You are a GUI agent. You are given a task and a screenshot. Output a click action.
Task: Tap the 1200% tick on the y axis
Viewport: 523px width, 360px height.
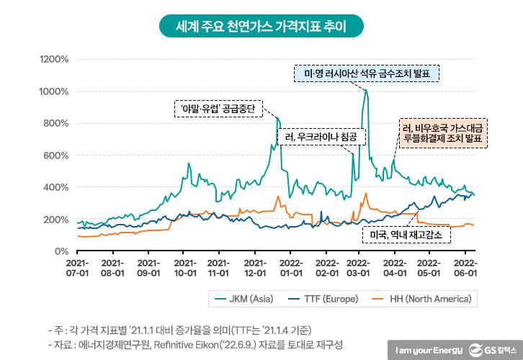tap(54, 59)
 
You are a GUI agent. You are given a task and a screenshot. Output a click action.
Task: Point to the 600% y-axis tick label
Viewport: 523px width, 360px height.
tap(57, 156)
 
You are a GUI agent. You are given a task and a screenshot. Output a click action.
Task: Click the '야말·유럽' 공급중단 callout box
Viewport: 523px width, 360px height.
tap(217, 109)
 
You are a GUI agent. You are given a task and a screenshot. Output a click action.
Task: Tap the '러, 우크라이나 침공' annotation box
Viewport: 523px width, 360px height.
tap(321, 136)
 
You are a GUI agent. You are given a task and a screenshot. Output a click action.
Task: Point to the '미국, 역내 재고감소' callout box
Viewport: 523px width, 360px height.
tap(405, 235)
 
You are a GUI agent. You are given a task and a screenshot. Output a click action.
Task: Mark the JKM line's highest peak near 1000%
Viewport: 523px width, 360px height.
tap(366, 90)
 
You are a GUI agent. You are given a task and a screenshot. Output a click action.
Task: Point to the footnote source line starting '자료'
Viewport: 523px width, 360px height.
tap(194, 343)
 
